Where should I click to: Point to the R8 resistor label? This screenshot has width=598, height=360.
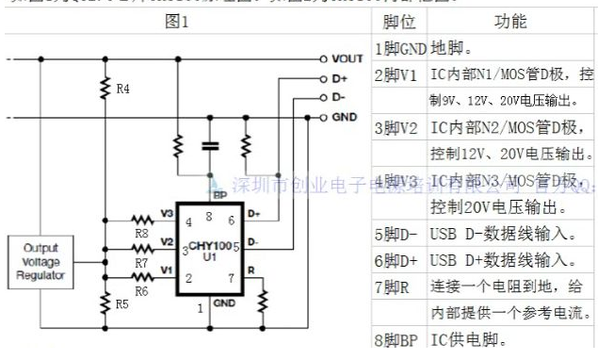[142, 231]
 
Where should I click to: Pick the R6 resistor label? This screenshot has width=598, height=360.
[142, 291]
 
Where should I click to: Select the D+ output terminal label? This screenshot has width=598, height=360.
[340, 78]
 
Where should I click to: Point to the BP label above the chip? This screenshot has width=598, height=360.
[219, 195]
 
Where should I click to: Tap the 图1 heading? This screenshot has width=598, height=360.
[178, 19]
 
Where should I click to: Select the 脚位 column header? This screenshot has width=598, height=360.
[400, 20]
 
